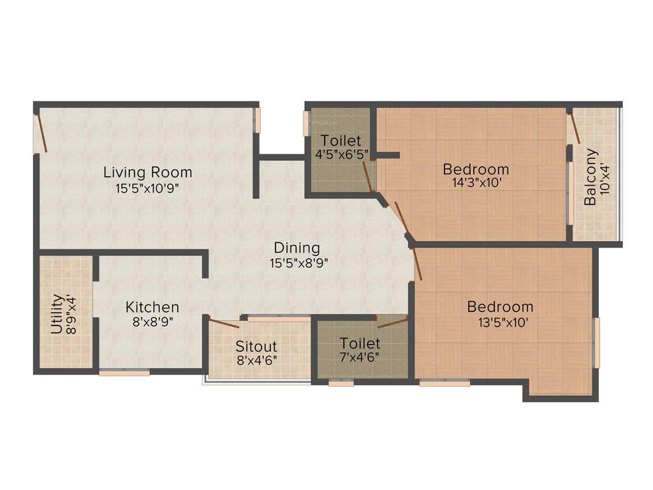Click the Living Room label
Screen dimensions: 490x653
[x=148, y=172]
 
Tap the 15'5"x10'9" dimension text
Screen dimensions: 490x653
[x=148, y=189]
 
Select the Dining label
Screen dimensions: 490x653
[x=297, y=248]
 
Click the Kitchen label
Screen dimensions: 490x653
[x=152, y=307]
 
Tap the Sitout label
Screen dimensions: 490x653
[x=256, y=346]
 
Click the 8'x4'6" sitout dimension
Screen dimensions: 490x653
[x=256, y=359]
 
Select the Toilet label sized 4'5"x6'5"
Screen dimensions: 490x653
[x=341, y=140]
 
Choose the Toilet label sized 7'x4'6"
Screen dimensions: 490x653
[x=360, y=343]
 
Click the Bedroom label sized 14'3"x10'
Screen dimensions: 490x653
[x=476, y=169]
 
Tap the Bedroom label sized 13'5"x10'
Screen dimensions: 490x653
[x=500, y=306]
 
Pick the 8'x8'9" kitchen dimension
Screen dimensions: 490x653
[x=152, y=322]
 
